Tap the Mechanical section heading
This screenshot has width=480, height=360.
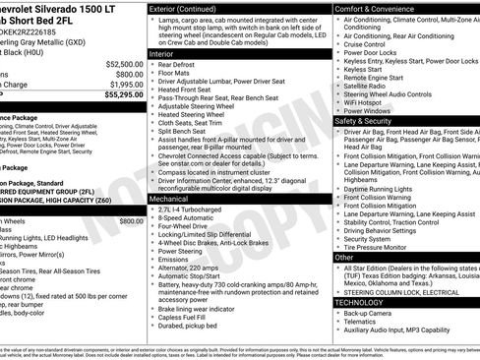176,198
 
